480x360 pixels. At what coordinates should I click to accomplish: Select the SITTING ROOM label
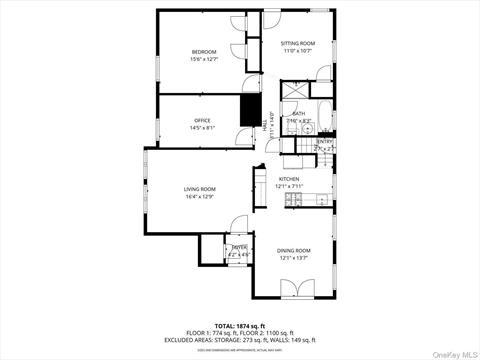click(297, 44)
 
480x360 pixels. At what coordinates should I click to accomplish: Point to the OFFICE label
click(202, 120)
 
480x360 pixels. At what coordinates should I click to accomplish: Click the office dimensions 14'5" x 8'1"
click(202, 128)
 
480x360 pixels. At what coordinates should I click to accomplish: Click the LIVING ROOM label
click(199, 188)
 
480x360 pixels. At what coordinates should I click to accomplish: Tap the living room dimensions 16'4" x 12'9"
click(199, 196)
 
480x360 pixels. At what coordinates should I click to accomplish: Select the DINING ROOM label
click(294, 250)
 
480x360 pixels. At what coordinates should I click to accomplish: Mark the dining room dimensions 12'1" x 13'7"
click(294, 257)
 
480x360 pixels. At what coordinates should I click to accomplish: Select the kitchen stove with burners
click(292, 201)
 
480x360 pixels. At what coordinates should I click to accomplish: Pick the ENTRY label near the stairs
click(324, 142)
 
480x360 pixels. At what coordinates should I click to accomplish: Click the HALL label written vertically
click(266, 122)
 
